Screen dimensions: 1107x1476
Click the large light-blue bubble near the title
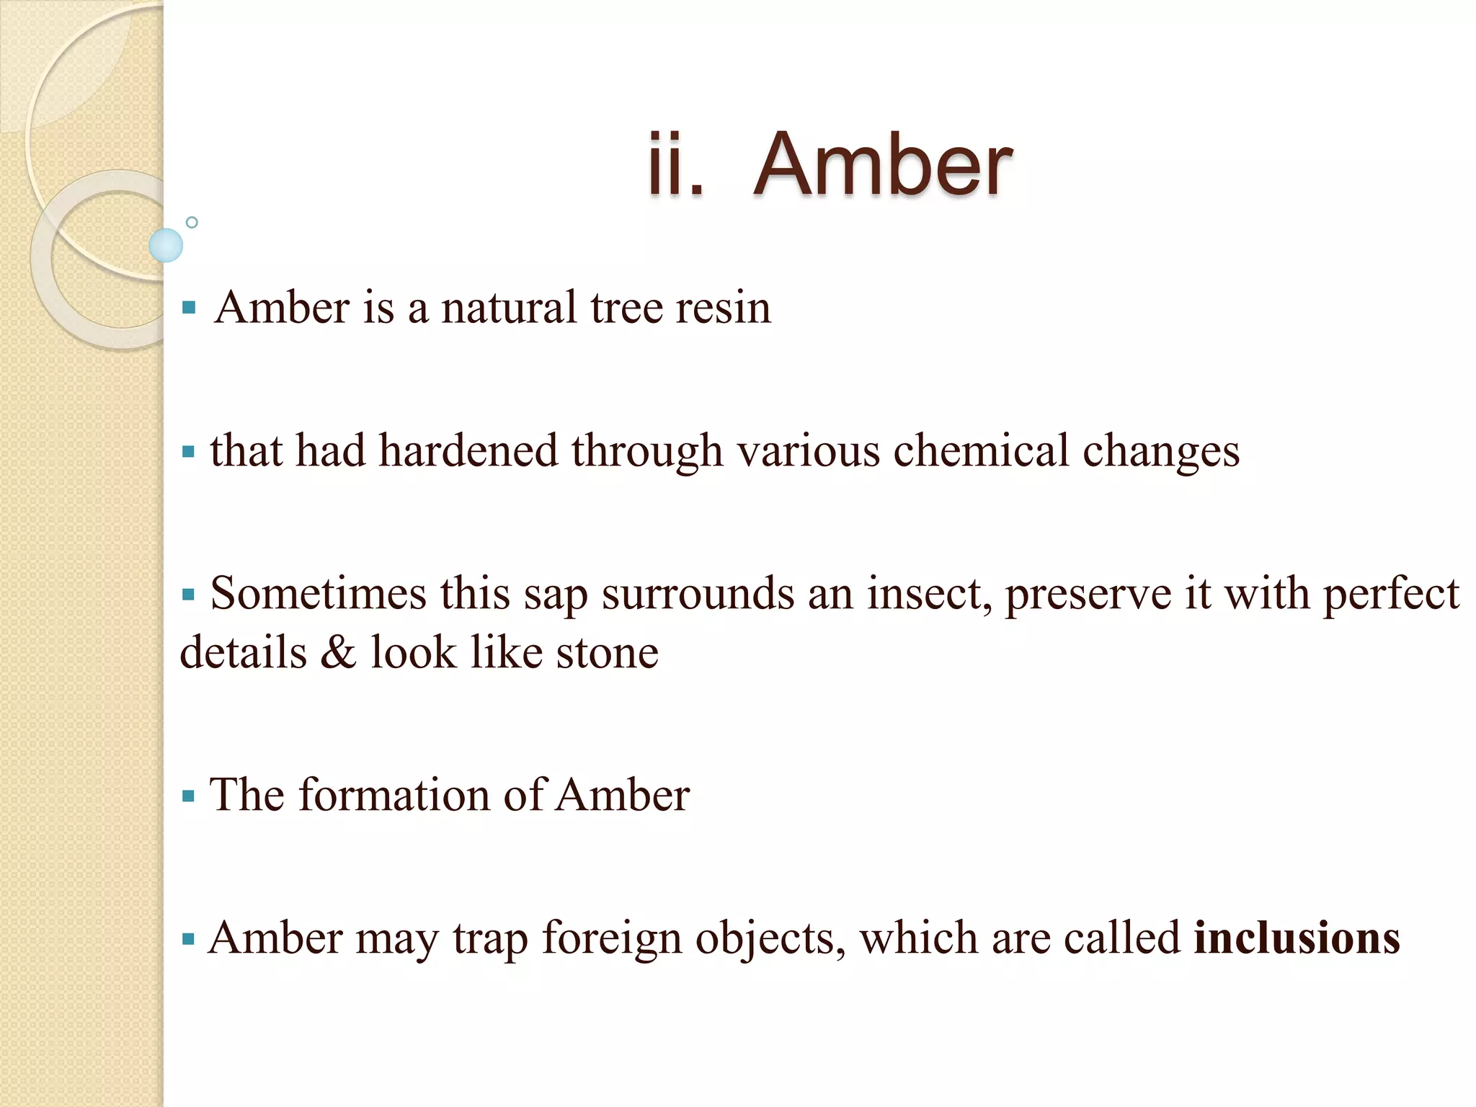point(166,245)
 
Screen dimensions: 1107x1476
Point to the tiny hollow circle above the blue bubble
point(192,223)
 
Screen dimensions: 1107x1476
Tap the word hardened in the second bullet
point(468,451)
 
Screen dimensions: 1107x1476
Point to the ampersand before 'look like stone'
point(339,652)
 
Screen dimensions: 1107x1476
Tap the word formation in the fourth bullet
point(394,796)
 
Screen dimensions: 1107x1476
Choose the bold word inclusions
point(1297,938)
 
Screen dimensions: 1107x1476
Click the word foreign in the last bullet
point(612,938)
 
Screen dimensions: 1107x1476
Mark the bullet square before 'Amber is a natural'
point(190,308)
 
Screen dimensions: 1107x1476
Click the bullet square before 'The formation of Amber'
point(189,796)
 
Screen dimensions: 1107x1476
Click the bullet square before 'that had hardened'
point(189,453)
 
